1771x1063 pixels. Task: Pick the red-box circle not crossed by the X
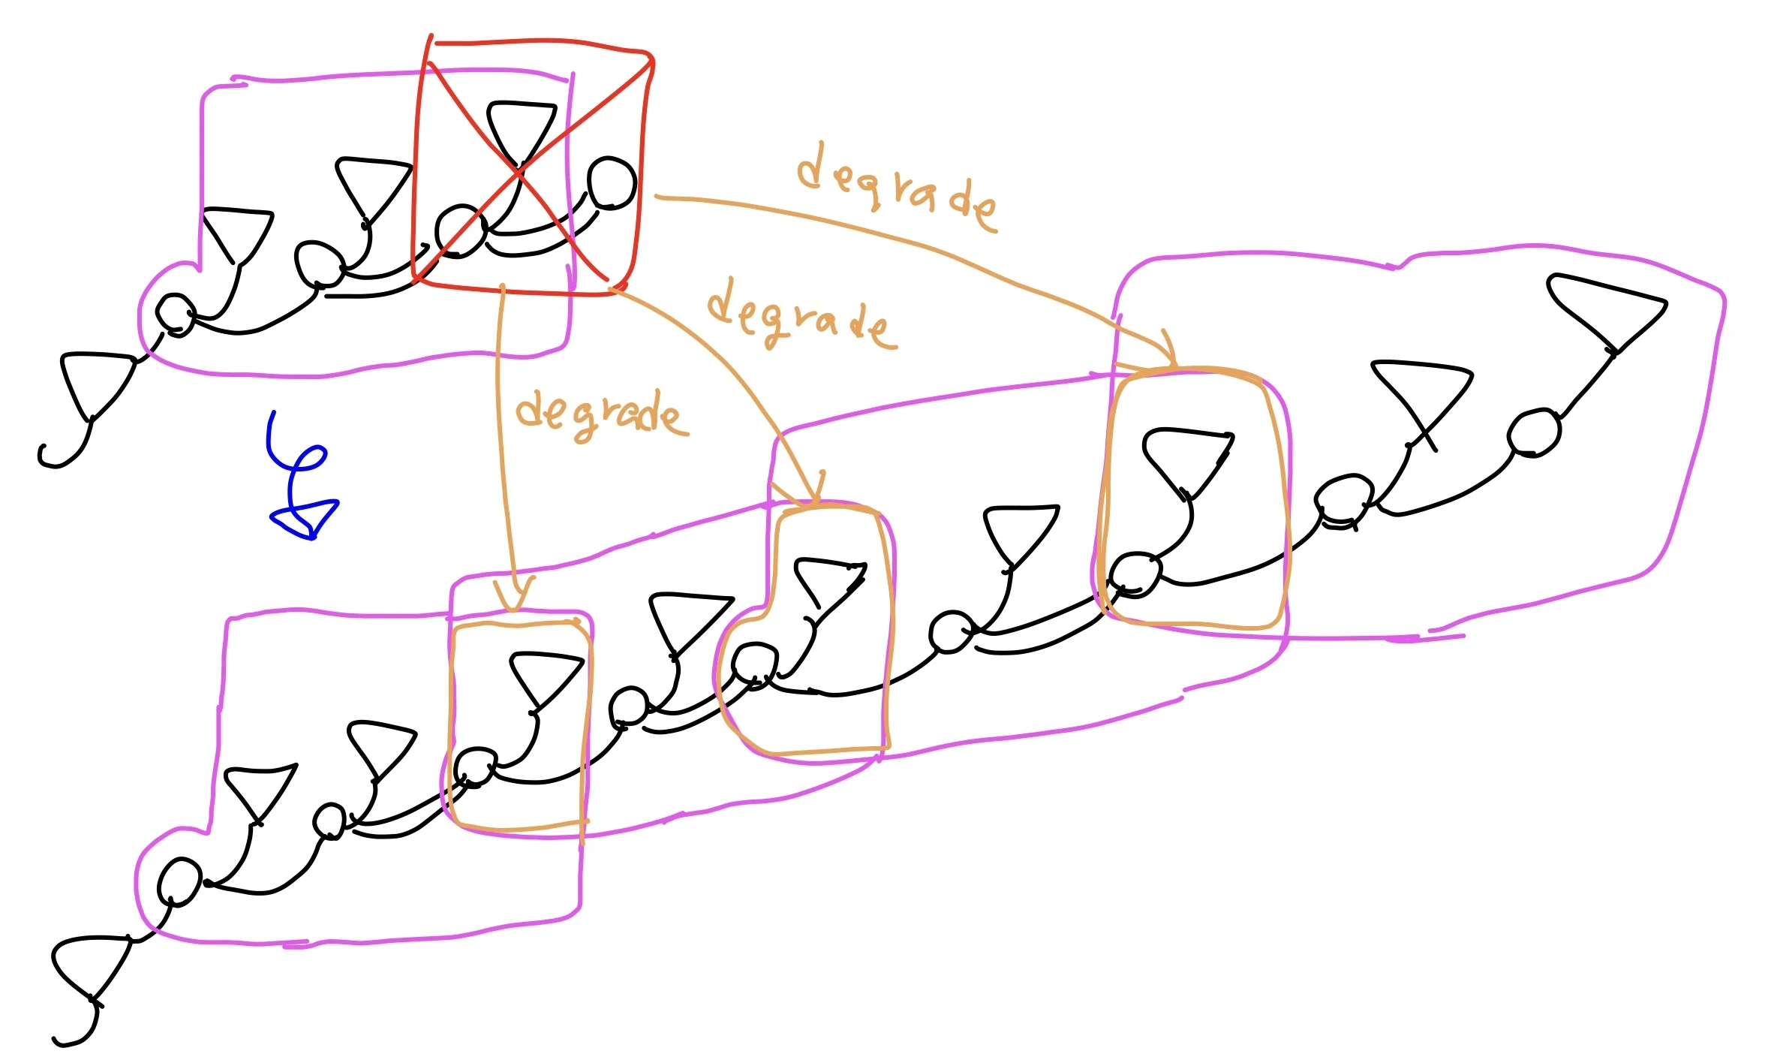[x=612, y=182]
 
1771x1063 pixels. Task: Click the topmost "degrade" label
[x=897, y=188]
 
